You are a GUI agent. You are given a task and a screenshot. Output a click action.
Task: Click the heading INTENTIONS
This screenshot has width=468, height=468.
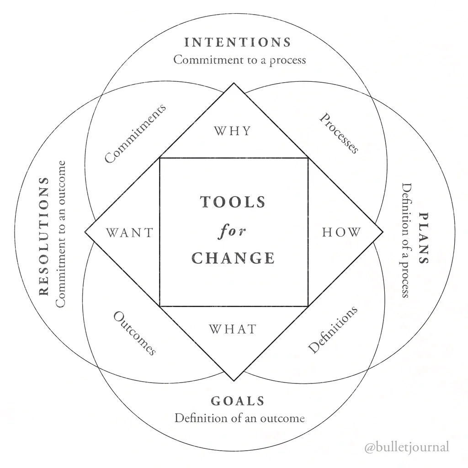point(238,43)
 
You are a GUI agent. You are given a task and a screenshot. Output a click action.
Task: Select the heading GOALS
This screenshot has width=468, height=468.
point(238,401)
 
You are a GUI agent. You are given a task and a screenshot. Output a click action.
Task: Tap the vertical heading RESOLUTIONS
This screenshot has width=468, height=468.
point(44,236)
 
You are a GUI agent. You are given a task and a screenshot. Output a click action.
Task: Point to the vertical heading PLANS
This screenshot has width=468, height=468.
point(424,238)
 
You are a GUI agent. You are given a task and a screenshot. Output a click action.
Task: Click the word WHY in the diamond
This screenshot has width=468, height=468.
point(233,131)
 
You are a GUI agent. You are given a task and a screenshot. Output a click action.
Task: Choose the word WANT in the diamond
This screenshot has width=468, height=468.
point(130,233)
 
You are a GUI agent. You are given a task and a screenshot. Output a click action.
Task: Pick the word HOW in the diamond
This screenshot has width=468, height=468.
point(341,232)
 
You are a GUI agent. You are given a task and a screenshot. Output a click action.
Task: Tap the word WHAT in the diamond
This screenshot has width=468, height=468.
point(233,329)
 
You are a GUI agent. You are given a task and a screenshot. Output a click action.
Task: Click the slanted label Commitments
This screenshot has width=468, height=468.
point(135,133)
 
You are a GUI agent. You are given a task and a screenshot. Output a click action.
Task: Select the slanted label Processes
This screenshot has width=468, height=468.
point(339,133)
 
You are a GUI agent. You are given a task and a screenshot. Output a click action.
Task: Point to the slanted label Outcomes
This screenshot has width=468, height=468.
point(135,333)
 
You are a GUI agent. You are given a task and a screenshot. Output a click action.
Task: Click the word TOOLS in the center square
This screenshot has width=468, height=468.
point(233,202)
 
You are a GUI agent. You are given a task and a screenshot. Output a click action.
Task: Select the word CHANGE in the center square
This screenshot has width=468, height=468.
point(233,258)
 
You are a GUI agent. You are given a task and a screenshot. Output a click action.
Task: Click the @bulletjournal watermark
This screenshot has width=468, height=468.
point(407,447)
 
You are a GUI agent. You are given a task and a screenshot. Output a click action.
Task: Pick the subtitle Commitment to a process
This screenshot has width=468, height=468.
point(239,60)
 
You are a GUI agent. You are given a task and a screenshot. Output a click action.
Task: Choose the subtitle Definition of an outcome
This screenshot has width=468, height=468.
point(239,418)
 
